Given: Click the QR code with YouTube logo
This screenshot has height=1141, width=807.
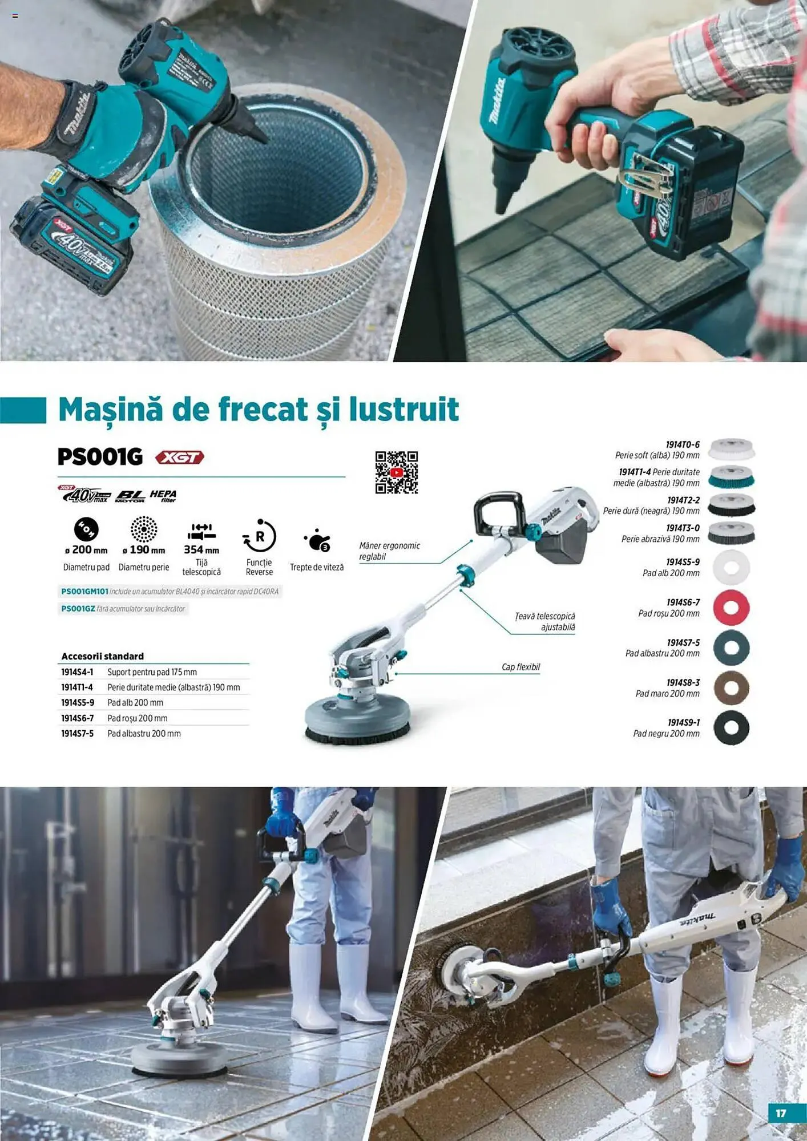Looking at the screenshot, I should pyautogui.click(x=396, y=472).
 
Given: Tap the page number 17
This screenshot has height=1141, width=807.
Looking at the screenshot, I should pyautogui.click(x=781, y=1113).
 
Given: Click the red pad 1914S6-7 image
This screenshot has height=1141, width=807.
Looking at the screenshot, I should pyautogui.click(x=731, y=608).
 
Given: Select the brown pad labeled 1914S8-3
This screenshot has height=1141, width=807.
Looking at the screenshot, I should pyautogui.click(x=731, y=688).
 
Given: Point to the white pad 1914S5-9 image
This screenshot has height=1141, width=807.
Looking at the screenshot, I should pyautogui.click(x=731, y=568).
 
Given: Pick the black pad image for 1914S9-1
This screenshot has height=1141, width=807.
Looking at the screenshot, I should pyautogui.click(x=731, y=728).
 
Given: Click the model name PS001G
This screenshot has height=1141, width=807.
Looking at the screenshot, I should pyautogui.click(x=100, y=457).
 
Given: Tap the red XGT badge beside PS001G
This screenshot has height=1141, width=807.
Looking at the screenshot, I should pyautogui.click(x=180, y=458).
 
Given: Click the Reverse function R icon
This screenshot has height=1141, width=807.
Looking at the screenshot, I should pyautogui.click(x=260, y=536).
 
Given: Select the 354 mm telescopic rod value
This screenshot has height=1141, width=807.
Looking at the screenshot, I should pyautogui.click(x=201, y=550).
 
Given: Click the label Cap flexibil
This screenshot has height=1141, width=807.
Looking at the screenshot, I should pyautogui.click(x=520, y=667).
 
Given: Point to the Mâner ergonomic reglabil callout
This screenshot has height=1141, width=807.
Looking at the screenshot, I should pyautogui.click(x=389, y=551).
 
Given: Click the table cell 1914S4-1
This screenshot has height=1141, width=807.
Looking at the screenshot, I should pyautogui.click(x=77, y=672).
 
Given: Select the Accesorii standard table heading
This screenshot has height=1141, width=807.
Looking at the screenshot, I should pyautogui.click(x=103, y=656).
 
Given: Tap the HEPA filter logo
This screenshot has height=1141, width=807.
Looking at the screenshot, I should pyautogui.click(x=163, y=496).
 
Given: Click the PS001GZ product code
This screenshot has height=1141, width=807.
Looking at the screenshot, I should pyautogui.click(x=78, y=609).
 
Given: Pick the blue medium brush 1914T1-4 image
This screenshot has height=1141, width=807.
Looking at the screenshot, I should pyautogui.click(x=731, y=478).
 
